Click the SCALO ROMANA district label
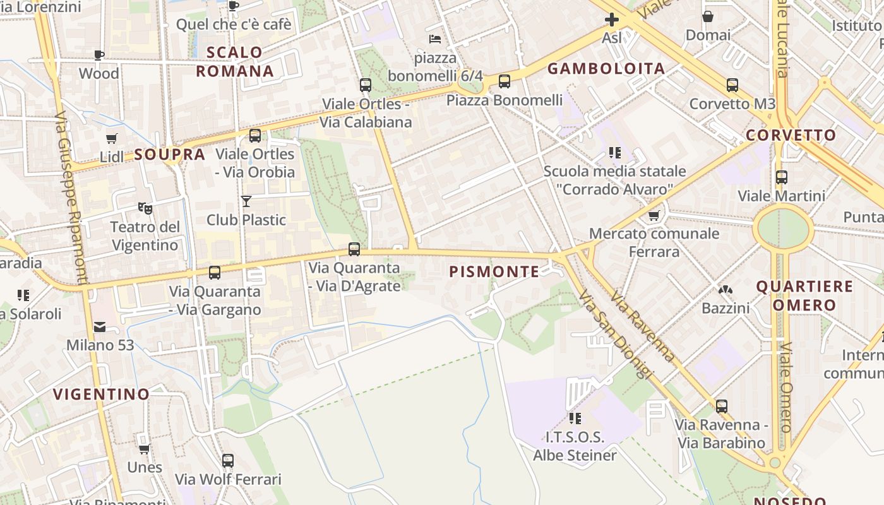pos(235,61)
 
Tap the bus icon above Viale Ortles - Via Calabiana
pos(365,85)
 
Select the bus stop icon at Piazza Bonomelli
pos(504,81)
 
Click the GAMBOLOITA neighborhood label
pos(606,69)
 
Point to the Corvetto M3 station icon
pos(732,85)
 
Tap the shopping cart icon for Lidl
pos(112,138)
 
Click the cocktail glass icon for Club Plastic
pos(246,201)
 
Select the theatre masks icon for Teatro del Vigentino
pos(145,208)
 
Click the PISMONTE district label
pos(494,272)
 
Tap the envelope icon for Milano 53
pos(100,326)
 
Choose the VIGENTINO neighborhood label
pos(101,395)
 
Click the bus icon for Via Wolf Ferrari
pos(228,461)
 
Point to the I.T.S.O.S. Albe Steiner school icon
pos(575,418)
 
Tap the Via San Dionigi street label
pos(614,335)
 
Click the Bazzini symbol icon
pos(725,290)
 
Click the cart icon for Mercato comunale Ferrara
pos(654,215)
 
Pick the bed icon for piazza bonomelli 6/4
pos(435,39)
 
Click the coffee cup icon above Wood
pos(99,55)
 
